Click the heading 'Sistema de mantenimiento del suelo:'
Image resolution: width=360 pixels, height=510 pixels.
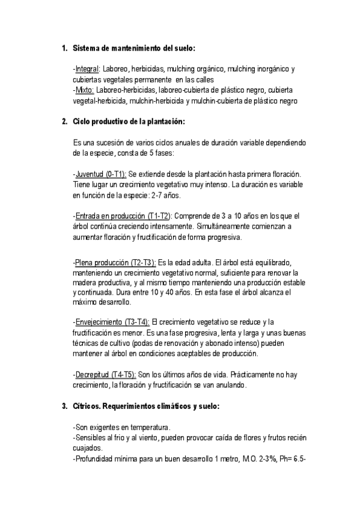(x=133, y=48)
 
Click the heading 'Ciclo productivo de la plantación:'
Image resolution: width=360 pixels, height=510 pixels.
(x=129, y=121)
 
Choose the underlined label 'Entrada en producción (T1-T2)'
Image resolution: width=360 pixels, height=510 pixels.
(x=123, y=215)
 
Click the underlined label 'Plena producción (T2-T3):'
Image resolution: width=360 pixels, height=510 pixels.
(x=115, y=262)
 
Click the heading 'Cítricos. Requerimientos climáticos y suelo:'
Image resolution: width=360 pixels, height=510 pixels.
(x=146, y=406)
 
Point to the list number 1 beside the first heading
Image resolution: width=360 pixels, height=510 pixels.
(x=64, y=48)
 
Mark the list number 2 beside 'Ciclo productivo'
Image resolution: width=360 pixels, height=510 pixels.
(x=64, y=121)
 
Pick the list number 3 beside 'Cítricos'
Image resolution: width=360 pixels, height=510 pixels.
(x=64, y=406)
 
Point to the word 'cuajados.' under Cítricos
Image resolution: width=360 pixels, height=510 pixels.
(x=88, y=448)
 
